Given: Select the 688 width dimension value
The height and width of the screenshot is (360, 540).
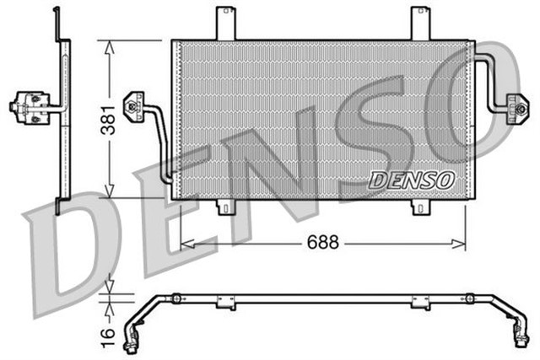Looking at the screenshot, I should (323, 242).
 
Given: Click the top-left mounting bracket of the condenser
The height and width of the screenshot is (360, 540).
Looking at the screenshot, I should (224, 22).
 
